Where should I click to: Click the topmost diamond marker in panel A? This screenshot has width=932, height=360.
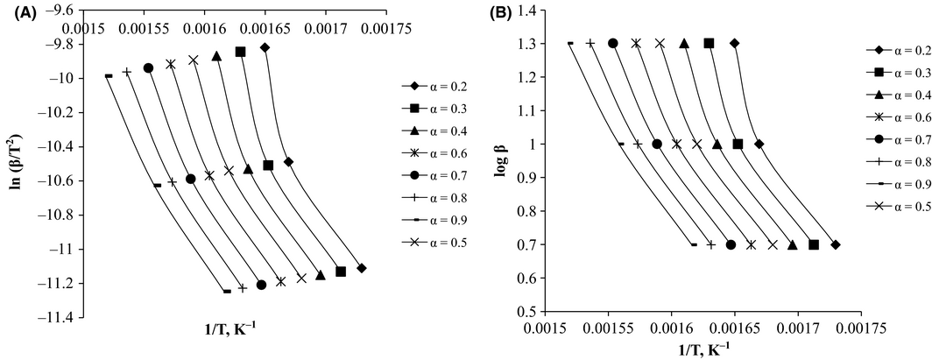click(265, 47)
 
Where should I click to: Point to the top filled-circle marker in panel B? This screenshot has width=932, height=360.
click(613, 43)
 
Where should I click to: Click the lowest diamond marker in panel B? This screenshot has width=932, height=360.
click(835, 245)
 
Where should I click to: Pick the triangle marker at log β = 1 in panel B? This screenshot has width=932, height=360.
click(717, 145)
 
